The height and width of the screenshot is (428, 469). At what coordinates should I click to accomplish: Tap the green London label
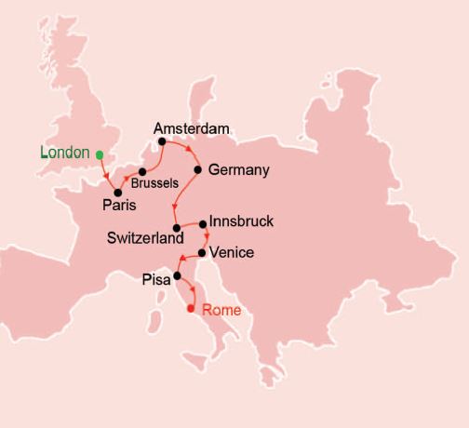(65, 153)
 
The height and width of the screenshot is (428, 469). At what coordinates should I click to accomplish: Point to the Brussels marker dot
(142, 172)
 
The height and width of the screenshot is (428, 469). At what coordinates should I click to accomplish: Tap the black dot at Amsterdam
(162, 142)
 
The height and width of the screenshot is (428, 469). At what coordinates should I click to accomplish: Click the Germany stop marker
(198, 170)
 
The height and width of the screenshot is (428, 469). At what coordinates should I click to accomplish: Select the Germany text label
(239, 170)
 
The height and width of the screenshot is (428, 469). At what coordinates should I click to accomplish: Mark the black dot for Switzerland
(175, 228)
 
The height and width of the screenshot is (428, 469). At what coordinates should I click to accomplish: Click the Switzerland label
(143, 238)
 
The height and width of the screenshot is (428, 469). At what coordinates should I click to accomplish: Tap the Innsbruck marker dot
(203, 224)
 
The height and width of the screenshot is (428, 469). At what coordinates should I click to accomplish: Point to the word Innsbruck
(242, 223)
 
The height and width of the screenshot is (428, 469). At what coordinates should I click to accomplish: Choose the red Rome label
(221, 310)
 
